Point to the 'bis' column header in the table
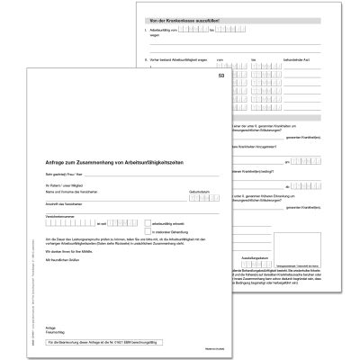click(x=254, y=60)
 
